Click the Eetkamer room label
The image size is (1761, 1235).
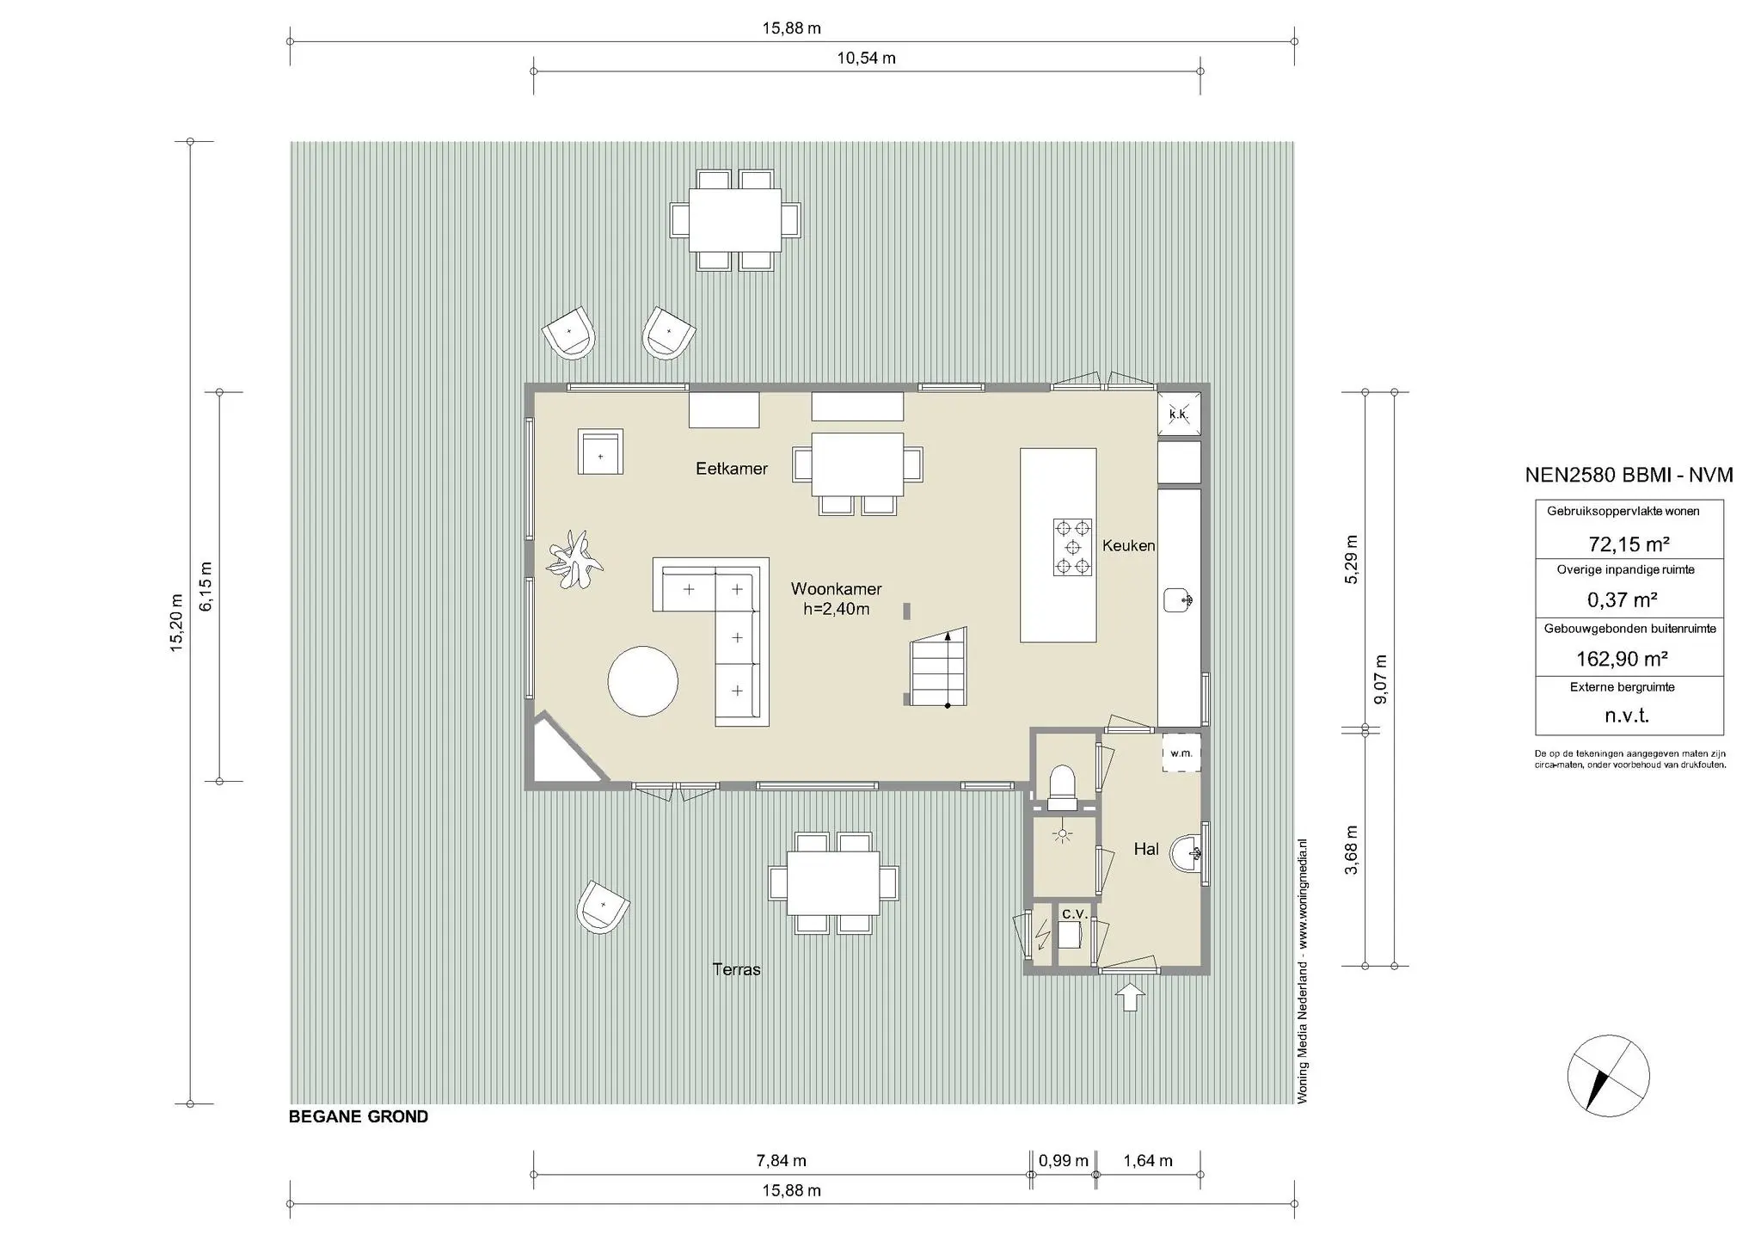coord(731,469)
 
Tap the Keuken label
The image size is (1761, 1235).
coord(1128,545)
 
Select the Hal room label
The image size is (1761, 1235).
coord(1146,849)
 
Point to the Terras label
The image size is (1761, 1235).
coord(737,969)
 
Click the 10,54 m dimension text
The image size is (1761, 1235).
coord(866,58)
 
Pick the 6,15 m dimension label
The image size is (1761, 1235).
coord(206,587)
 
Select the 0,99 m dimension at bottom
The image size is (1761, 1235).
coord(1064,1161)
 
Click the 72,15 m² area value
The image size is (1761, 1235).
coord(1629,544)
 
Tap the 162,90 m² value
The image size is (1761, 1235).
coord(1622,659)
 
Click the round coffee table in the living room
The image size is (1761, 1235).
coord(643,680)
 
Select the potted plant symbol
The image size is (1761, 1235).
coord(574,560)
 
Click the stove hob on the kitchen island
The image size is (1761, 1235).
coord(1072,547)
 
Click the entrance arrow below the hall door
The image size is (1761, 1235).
coord(1130,998)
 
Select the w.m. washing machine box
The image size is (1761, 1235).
coord(1181,753)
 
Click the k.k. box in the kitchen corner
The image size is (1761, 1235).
coord(1179,415)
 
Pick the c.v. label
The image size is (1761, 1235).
coord(1074,913)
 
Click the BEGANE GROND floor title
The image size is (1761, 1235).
coord(359,1117)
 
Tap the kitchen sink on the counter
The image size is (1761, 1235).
coord(1178,600)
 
